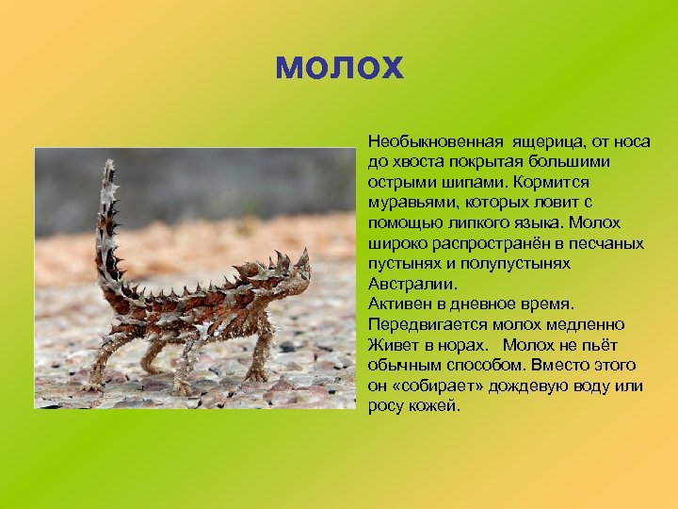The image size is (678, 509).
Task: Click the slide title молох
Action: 339,67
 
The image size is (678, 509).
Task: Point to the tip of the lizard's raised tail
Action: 110,166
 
